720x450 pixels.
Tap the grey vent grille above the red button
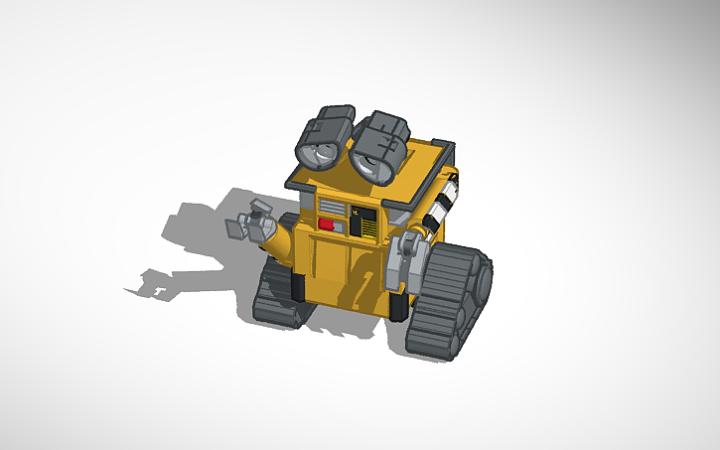pyautogui.click(x=328, y=206)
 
